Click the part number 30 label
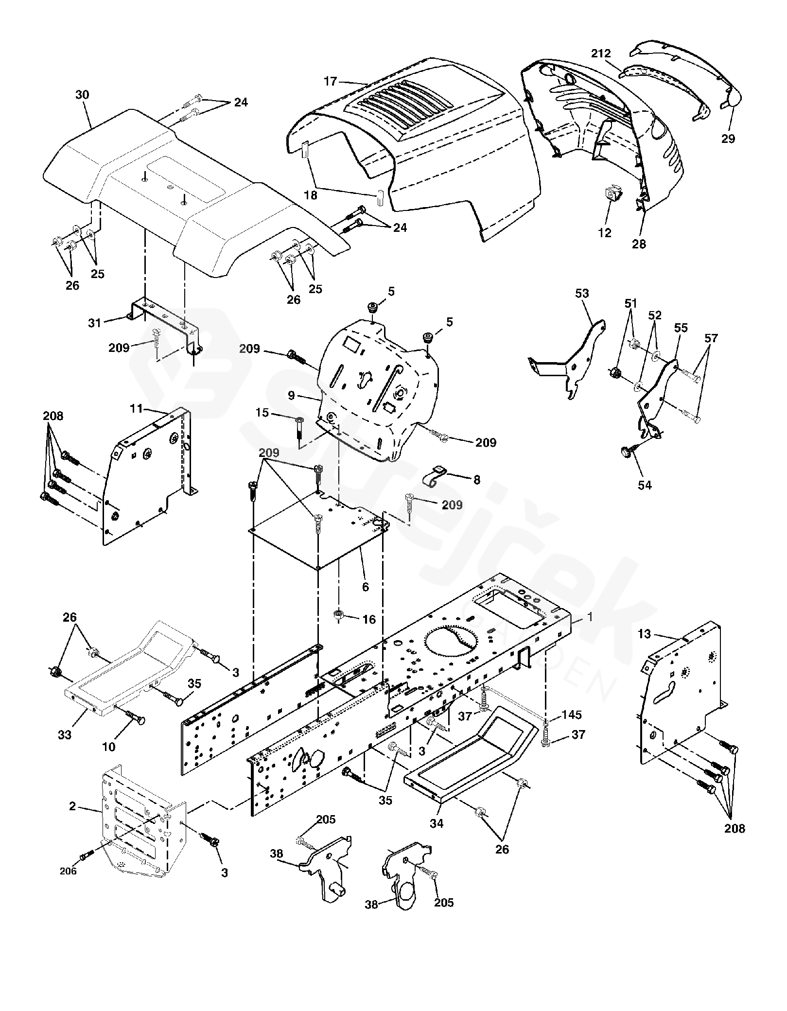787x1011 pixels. tap(82, 95)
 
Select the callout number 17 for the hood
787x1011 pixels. tap(330, 81)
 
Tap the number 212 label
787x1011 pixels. tap(601, 53)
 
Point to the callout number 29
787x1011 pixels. tap(728, 139)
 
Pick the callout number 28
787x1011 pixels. tap(639, 244)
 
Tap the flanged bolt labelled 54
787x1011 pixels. tap(626, 452)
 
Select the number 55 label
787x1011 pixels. tap(681, 328)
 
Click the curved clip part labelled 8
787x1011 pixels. tap(435, 476)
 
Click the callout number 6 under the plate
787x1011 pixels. tap(366, 587)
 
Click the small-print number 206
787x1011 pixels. tap(68, 872)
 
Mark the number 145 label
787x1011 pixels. tap(571, 716)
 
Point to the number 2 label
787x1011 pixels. tap(72, 806)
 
